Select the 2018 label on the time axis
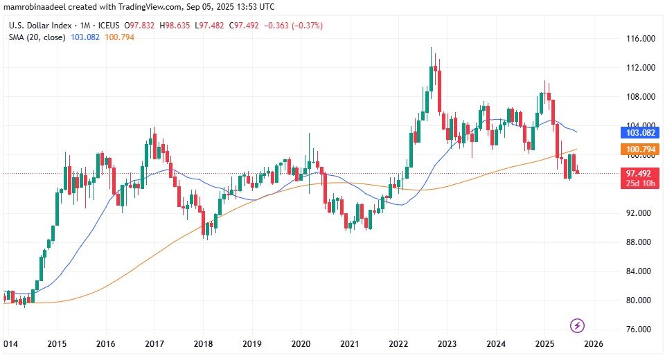pyautogui.click(x=203, y=344)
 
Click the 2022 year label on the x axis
pyautogui.click(x=398, y=344)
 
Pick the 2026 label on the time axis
pyautogui.click(x=593, y=344)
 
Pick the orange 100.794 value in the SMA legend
pyautogui.click(x=118, y=37)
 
